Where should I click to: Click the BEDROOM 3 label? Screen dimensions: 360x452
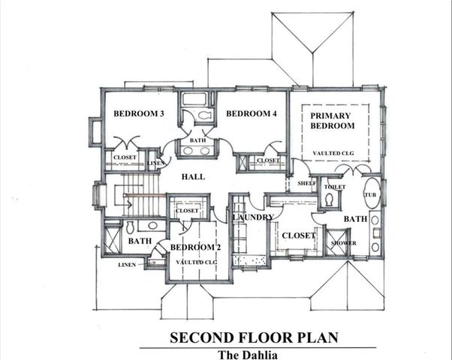139,113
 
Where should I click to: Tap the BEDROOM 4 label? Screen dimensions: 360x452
252,113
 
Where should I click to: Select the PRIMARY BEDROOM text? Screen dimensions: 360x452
333,121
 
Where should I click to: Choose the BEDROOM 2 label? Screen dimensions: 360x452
194,247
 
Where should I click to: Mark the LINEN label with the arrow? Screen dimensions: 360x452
128,265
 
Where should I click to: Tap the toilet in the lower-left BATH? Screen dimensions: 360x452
128,226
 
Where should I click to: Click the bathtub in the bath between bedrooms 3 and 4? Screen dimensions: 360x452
196,99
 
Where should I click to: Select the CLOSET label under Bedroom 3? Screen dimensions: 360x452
125,157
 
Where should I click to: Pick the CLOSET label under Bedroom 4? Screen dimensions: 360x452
268,160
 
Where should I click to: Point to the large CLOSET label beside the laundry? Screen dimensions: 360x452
297,235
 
